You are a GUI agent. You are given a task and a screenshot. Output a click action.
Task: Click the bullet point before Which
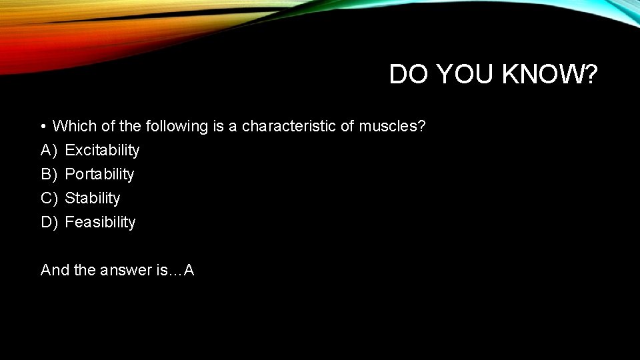(42, 126)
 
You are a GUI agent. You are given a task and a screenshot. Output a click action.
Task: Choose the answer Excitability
(102, 150)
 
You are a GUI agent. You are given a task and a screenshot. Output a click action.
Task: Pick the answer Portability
(99, 174)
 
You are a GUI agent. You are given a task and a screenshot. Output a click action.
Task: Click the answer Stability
(93, 198)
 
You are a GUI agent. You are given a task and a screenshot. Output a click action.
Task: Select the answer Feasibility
(100, 222)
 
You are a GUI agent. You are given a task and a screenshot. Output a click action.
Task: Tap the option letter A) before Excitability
(49, 150)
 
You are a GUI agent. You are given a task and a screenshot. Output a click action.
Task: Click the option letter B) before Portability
(49, 174)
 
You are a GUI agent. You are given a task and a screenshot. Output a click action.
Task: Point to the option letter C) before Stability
(49, 198)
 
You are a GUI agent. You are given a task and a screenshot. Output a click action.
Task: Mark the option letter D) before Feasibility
(49, 222)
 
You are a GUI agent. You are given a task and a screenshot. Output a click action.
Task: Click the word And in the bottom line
(55, 270)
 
